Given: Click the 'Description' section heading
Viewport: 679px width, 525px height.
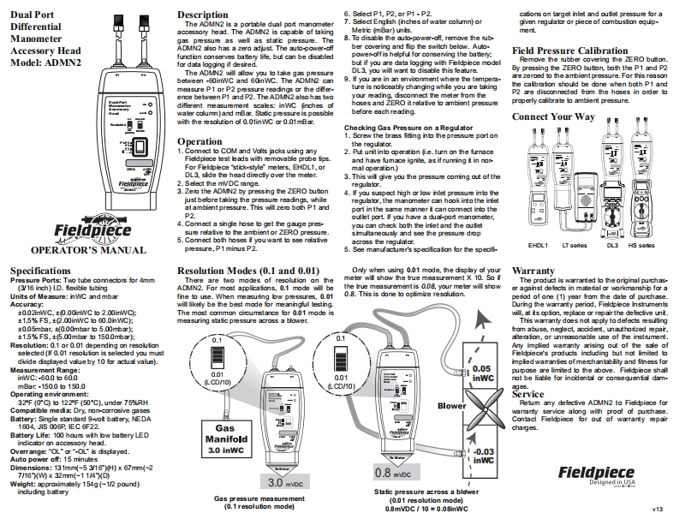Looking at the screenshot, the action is point(204,15).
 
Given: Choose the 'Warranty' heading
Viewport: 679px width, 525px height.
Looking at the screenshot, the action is point(533,271).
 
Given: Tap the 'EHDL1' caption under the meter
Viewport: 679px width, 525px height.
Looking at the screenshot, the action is point(538,244).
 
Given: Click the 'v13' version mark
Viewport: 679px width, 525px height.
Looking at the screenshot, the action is point(658,510).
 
